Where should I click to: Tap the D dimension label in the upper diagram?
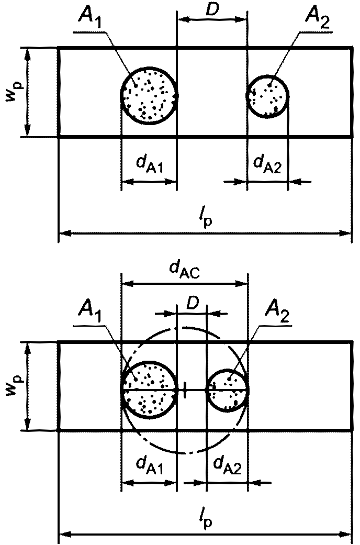[212, 10]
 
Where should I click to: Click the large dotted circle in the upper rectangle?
[149, 95]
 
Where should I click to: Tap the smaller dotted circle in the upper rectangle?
[267, 96]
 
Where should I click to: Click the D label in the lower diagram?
[192, 304]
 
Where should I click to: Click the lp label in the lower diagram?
[205, 519]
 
